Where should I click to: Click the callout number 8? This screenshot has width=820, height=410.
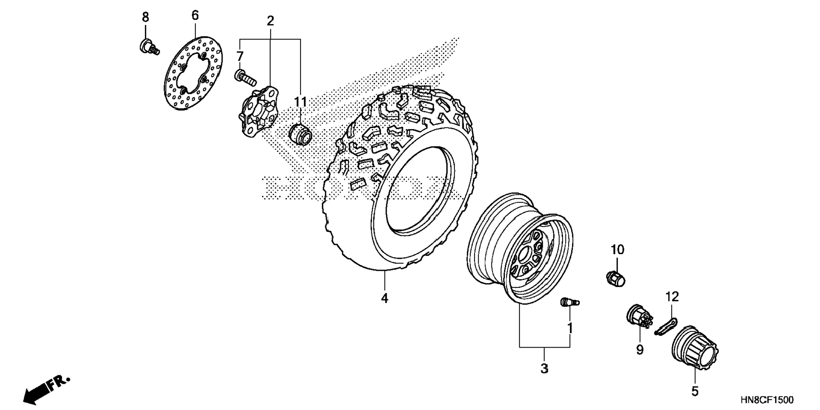point(145,17)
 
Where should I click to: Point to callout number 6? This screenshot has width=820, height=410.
point(195,16)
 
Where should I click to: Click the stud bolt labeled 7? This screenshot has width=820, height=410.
point(245,77)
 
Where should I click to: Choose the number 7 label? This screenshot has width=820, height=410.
point(240,56)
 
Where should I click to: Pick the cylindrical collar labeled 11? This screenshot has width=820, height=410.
point(300,135)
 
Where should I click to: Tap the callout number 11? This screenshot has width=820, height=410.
point(301,102)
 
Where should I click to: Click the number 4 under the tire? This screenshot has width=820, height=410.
point(385,298)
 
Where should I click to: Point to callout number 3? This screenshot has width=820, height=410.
point(544,368)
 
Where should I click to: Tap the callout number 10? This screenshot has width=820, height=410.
point(618,250)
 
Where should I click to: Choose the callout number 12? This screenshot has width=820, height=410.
point(672,296)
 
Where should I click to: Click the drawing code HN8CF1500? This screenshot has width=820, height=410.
point(767,400)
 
